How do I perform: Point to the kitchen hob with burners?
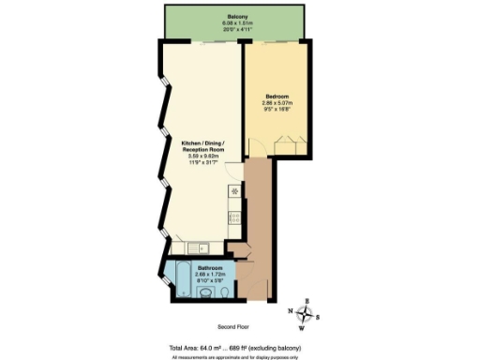point(234,217)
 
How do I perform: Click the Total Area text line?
point(234,346)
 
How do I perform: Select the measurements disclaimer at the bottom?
point(234,355)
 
